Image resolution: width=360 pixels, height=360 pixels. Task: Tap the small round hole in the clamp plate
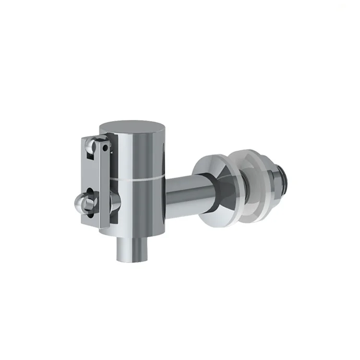tap(105, 148)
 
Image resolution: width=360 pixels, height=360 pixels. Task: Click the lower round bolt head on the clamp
tap(86, 201)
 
